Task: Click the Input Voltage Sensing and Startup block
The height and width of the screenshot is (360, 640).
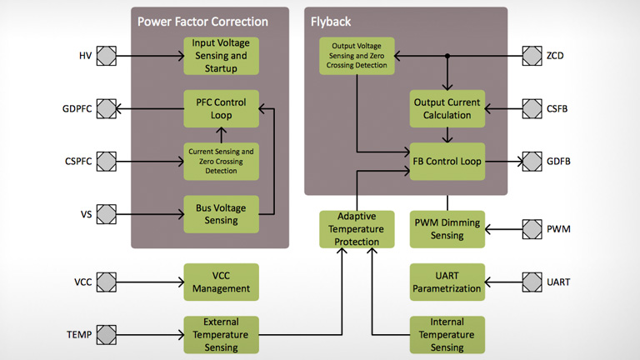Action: pos(221,56)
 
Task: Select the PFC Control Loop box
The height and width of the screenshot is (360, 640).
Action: pos(221,109)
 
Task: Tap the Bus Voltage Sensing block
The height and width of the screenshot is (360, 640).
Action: pos(221,214)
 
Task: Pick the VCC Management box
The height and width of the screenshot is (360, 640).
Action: pos(221,282)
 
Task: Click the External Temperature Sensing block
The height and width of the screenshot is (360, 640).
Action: pos(221,334)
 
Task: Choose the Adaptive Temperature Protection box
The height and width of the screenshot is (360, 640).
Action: pos(357,229)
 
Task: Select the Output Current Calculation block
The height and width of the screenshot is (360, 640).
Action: pos(447,109)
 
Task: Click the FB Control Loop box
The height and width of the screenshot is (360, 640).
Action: pos(447,161)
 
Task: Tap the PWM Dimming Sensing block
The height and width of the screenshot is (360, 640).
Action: pos(447,229)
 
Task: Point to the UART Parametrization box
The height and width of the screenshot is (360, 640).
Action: pos(447,282)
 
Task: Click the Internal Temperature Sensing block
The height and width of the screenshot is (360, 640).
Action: pos(447,334)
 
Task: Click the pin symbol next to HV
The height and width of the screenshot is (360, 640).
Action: pos(107,56)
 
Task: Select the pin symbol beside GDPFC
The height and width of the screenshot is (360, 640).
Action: pos(107,108)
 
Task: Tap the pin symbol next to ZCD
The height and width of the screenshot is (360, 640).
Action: pos(532,56)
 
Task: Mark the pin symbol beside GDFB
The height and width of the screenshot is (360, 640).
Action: pos(532,161)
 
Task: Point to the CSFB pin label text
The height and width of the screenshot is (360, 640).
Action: pos(558,108)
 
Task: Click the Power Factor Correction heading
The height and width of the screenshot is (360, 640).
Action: pos(202,22)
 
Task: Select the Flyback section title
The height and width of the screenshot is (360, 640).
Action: pos(332,22)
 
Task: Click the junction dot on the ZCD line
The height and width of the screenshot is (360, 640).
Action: pos(447,56)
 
